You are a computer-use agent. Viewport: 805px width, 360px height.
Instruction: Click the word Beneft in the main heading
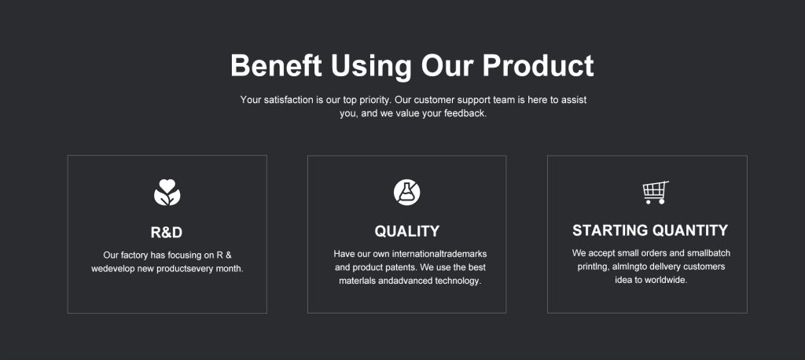276,65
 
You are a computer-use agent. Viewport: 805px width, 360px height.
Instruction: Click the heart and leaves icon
167,193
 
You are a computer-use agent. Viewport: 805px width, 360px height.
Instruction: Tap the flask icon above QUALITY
406,192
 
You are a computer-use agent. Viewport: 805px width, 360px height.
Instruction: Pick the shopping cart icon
656,192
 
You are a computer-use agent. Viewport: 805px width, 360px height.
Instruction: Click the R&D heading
167,233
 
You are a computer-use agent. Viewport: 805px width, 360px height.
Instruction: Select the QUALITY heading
406,232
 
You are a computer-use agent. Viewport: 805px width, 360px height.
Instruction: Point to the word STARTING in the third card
610,230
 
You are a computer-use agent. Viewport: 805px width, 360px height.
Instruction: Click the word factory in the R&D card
134,255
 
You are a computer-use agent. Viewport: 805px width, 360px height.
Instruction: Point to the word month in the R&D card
229,269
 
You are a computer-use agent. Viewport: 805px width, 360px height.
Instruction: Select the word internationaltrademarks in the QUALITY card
439,254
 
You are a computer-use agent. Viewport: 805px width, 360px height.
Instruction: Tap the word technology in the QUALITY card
458,281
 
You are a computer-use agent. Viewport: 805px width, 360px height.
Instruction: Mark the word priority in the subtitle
374,100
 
